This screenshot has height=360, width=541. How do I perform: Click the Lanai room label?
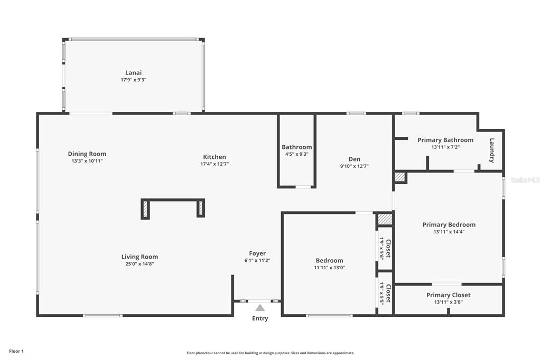[x=133, y=72]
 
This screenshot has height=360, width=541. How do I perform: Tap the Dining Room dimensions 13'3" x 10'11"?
[x=87, y=161]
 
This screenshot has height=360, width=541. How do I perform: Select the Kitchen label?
[x=214, y=157]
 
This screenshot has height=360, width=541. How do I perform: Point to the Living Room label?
[x=139, y=257]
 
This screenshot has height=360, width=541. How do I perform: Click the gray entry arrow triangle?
[x=260, y=308]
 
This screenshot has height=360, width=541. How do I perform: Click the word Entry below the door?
[x=260, y=318]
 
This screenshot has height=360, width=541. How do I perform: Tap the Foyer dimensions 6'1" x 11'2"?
[x=257, y=261]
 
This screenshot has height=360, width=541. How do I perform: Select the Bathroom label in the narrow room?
[x=297, y=147]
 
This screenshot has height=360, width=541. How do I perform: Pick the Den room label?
[x=355, y=159]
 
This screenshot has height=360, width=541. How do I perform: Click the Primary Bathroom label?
[x=445, y=140]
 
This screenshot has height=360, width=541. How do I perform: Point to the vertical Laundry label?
[x=492, y=150]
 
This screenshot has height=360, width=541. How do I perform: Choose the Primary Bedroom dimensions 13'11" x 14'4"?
[x=449, y=232]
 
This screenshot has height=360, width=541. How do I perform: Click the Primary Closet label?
[x=448, y=295]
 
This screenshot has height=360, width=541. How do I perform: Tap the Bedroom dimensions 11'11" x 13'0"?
[x=330, y=268]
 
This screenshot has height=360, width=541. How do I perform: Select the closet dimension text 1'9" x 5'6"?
[x=381, y=248]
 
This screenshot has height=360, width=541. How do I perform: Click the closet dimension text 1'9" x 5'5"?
[x=381, y=293]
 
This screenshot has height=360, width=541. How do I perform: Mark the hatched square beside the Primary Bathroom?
[x=400, y=177]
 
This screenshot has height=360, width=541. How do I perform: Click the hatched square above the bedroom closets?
[x=385, y=219]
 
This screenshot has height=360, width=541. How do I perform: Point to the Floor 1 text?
[x=16, y=352]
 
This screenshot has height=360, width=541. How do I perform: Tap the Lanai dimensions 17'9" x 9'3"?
[x=134, y=80]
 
